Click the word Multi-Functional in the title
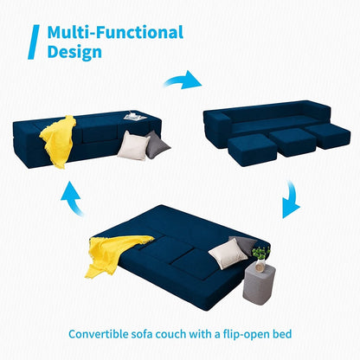pyautogui.click(x=115, y=33)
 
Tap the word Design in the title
pyautogui.click(x=74, y=52)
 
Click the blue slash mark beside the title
pyautogui.click(x=34, y=42)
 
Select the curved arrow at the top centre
pyautogui.click(x=183, y=80)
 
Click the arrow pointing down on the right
pyautogui.click(x=291, y=204)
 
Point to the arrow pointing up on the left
pyautogui.click(x=71, y=201)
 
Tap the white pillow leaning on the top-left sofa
pyautogui.click(x=132, y=144)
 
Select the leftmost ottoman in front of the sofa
pyautogui.click(x=249, y=150)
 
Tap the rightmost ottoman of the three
pyautogui.click(x=328, y=135)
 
